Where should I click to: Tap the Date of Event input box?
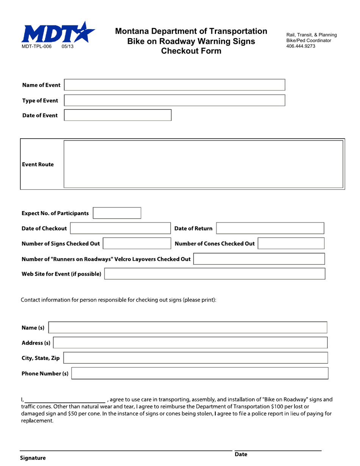point(117,115)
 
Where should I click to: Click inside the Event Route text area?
point(203,164)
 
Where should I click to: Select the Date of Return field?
point(270,228)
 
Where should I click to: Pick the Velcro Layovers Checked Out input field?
point(259,259)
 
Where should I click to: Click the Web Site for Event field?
point(214,274)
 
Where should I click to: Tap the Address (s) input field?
point(190,343)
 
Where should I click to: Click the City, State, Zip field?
point(195,358)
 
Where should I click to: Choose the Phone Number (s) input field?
point(200,373)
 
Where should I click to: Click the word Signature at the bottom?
point(33,458)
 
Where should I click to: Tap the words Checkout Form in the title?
point(191,51)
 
